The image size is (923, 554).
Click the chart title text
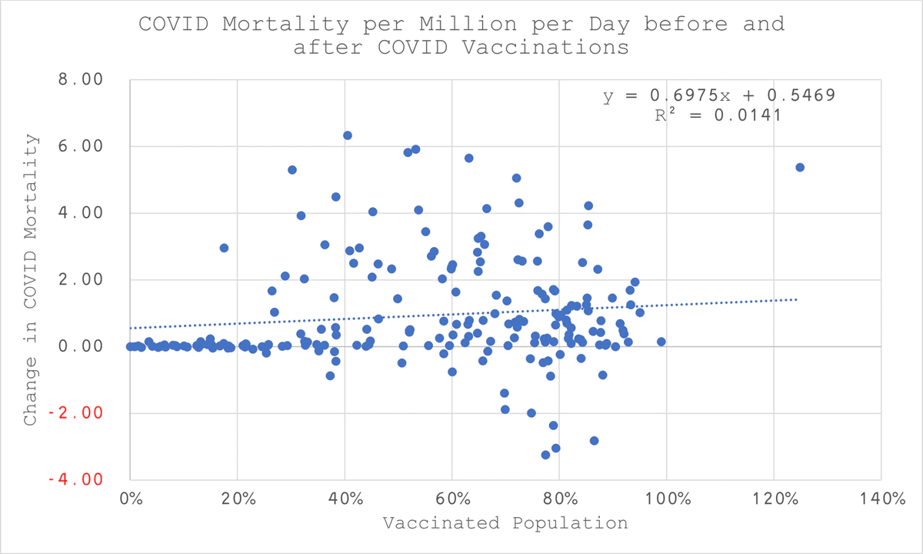pos(461,35)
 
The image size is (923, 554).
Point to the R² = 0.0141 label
pos(717,115)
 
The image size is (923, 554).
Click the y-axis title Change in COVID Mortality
pos(30,279)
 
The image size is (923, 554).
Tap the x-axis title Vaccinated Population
pos(505,523)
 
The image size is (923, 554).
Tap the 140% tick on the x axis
pos(879,498)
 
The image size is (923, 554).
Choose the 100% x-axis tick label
pos(665,498)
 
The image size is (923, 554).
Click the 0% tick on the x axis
pos(130,498)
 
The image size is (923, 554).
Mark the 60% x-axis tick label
pos(452,498)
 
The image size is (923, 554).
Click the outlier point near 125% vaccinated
pos(799,167)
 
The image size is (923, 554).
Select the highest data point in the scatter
pos(347,135)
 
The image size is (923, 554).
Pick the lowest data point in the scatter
pos(545,455)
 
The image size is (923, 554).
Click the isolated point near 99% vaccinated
pos(661,342)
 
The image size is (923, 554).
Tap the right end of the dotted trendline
pos(798,299)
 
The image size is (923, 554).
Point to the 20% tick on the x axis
pos(237,498)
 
